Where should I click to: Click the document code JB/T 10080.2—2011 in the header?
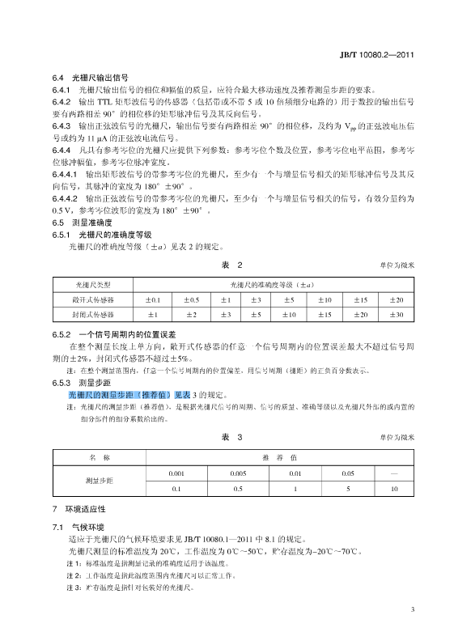tap(377, 55)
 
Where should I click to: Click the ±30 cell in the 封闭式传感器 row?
tap(395, 313)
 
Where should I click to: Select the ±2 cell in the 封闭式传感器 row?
tap(191, 313)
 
